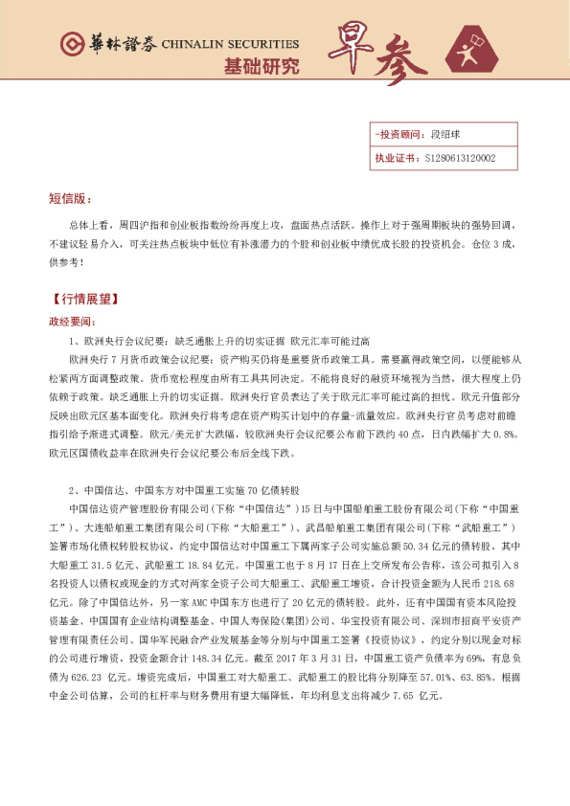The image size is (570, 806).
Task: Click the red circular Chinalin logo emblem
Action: pyautogui.click(x=71, y=44)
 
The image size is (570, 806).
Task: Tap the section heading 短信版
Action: pyautogui.click(x=70, y=198)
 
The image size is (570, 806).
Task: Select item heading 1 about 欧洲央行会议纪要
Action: pyautogui.click(x=219, y=341)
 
